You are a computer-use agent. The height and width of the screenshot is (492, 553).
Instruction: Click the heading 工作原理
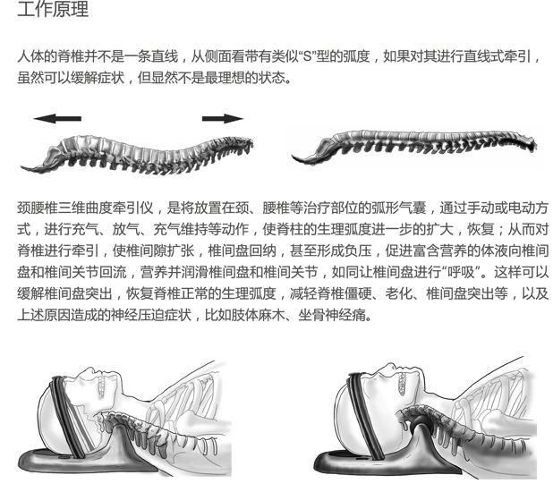53,9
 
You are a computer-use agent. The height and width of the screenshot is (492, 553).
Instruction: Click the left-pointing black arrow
57,118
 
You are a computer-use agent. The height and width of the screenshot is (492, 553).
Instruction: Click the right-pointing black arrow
223,118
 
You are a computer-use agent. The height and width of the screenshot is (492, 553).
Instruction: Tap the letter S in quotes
308,56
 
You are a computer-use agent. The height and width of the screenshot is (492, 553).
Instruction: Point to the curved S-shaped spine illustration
138,155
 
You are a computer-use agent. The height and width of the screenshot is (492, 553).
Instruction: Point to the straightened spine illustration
414,145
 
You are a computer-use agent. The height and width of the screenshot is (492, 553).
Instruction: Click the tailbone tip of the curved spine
21,167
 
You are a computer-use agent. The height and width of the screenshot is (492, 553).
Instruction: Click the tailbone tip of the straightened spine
294,156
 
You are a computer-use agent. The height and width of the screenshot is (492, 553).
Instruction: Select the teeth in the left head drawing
102,386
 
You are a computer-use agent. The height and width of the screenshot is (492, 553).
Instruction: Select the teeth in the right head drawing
403,384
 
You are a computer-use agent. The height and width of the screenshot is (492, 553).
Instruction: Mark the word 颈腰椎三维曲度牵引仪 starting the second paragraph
85,208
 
